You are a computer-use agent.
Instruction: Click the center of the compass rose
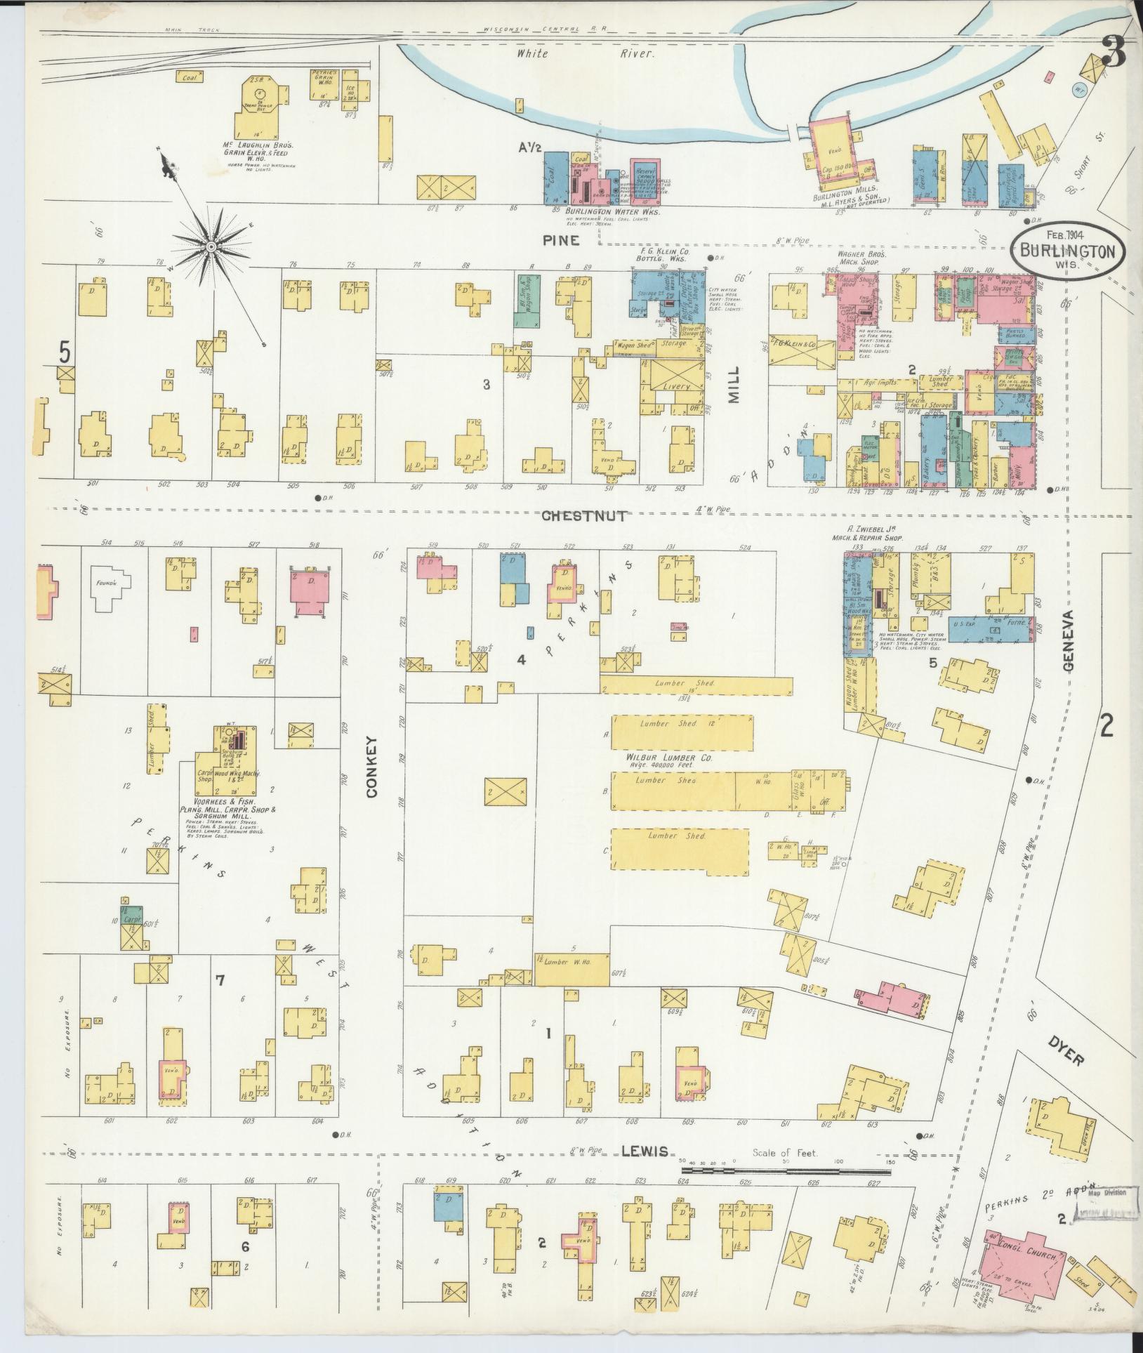tap(211, 246)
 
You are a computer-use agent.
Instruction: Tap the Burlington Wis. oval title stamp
tap(1068, 251)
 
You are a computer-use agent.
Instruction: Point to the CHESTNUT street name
tap(583, 516)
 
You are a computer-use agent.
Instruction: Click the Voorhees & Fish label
tap(220, 801)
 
